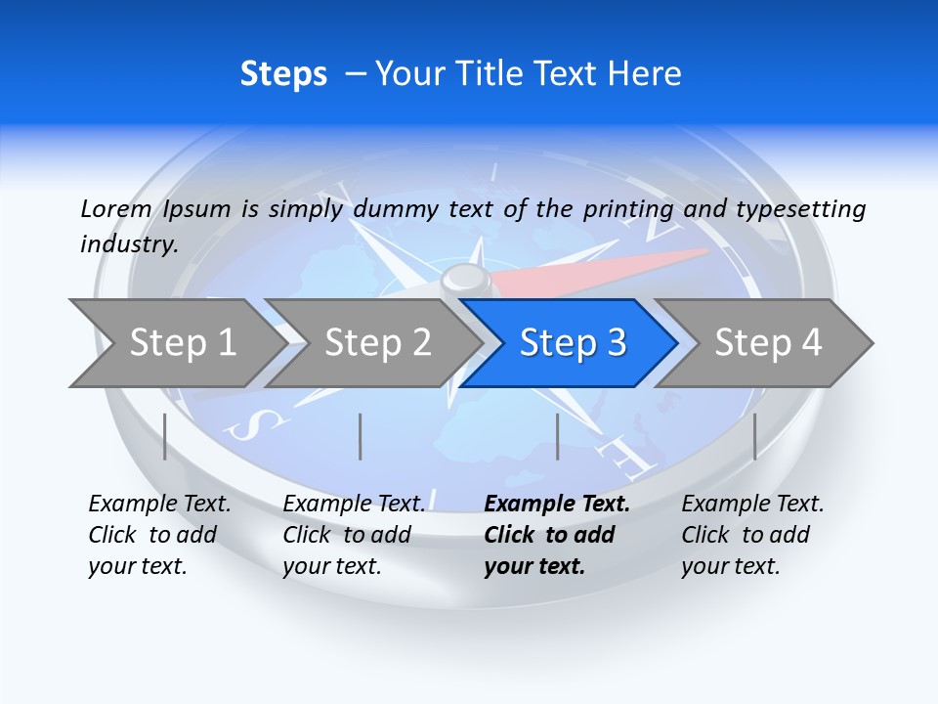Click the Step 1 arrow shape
176,343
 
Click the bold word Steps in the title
283,74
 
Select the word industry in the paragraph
128,244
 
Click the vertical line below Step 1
164,436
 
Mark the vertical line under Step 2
361,436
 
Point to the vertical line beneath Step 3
557,436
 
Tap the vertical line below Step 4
754,436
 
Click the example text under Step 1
159,535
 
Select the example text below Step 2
354,535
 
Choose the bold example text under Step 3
556,535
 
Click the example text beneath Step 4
752,535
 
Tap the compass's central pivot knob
466,281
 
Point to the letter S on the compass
261,423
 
